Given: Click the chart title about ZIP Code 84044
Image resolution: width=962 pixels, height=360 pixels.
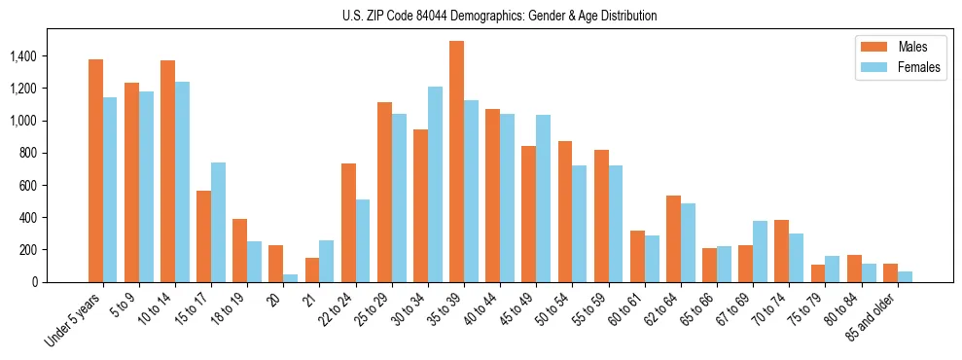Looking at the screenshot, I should [499, 16].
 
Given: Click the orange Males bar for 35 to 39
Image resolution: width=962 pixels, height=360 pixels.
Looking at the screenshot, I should [456, 162].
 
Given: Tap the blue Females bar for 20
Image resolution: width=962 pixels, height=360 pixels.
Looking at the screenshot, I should [290, 278].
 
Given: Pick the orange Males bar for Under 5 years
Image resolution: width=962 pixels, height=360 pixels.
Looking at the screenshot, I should [95, 171].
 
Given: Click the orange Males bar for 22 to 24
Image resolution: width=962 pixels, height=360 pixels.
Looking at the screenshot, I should [348, 223].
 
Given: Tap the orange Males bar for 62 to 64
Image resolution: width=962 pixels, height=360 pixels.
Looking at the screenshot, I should [673, 239].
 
